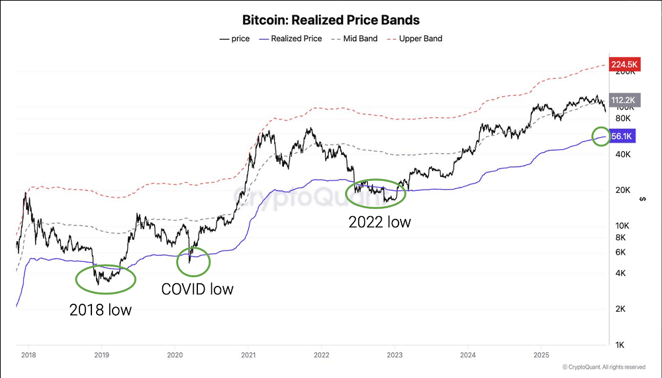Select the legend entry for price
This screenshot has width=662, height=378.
(x=235, y=38)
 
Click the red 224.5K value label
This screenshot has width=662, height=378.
(x=624, y=64)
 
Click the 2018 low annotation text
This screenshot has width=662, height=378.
(x=101, y=309)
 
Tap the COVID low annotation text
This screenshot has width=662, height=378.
(x=197, y=289)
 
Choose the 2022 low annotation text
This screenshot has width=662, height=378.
(x=379, y=222)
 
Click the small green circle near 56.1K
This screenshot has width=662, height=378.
(x=601, y=137)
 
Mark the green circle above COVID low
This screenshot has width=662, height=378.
(x=193, y=261)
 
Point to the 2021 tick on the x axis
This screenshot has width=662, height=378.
(x=248, y=355)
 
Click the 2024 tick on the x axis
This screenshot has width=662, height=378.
(x=467, y=355)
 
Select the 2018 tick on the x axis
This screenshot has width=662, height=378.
(x=28, y=355)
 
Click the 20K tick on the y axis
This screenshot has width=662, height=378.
(x=623, y=190)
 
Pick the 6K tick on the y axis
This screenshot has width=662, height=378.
(x=621, y=252)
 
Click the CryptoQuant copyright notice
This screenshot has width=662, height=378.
(x=604, y=367)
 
